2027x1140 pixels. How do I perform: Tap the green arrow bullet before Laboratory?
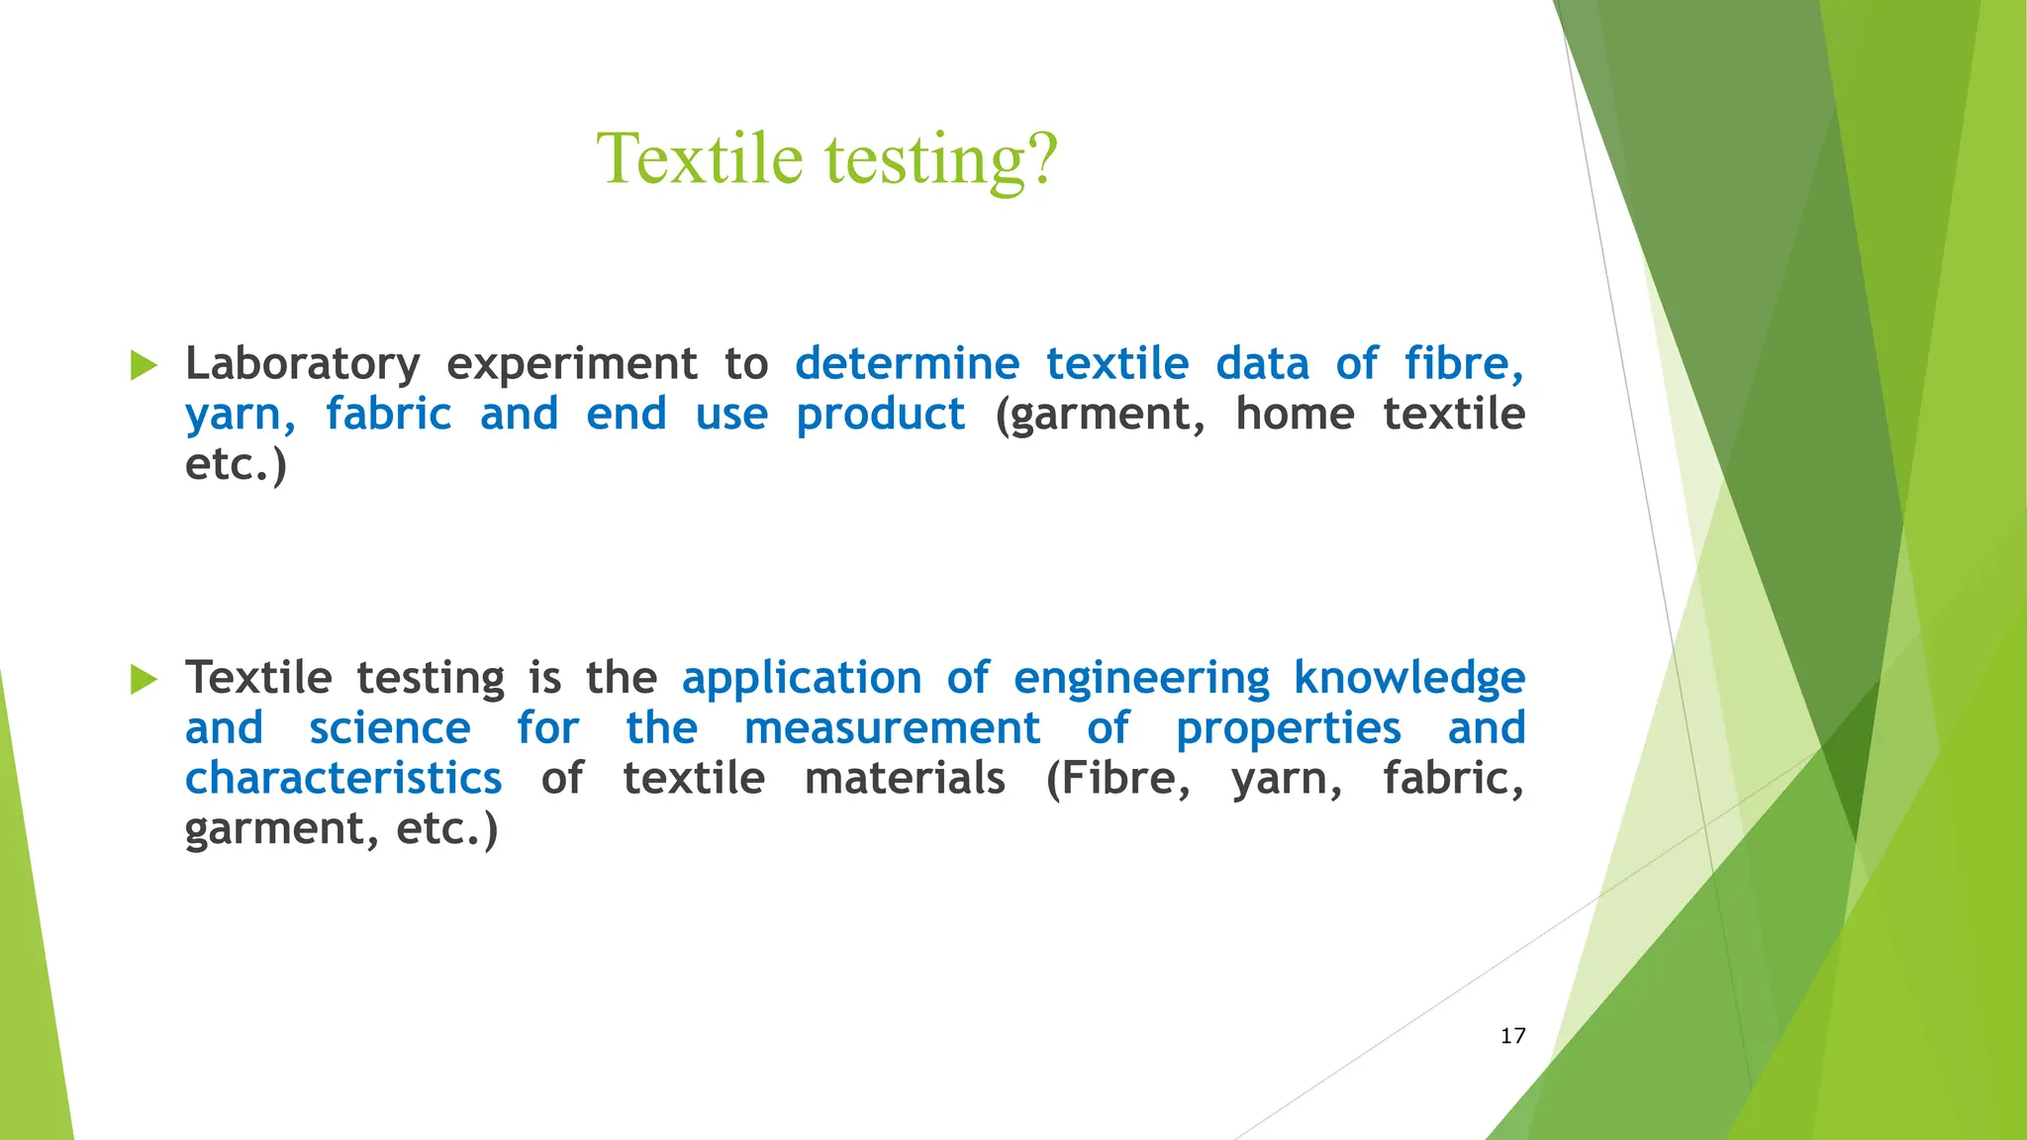click(x=145, y=365)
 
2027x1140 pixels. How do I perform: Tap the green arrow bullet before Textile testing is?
click(x=145, y=679)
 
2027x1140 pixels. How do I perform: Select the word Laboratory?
click(x=302, y=364)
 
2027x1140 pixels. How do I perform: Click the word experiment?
click(x=571, y=364)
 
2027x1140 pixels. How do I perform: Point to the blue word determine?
click(x=907, y=364)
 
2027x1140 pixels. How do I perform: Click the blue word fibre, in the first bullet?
click(x=1463, y=364)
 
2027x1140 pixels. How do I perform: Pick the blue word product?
click(x=880, y=415)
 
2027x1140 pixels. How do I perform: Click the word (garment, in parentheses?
click(x=1100, y=415)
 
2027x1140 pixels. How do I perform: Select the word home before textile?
click(x=1294, y=414)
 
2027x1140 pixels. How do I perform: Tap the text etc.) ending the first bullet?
click(x=236, y=465)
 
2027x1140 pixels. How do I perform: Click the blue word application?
click(x=802, y=679)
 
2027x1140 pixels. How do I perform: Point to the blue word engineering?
click(x=1141, y=679)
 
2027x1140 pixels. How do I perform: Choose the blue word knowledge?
click(x=1409, y=679)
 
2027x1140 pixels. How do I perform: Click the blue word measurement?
click(x=892, y=729)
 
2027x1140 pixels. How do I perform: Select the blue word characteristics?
click(x=343, y=779)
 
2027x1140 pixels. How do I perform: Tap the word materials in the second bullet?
click(x=905, y=779)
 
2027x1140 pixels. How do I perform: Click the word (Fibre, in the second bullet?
click(x=1118, y=779)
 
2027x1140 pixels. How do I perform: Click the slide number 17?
click(x=1512, y=1036)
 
